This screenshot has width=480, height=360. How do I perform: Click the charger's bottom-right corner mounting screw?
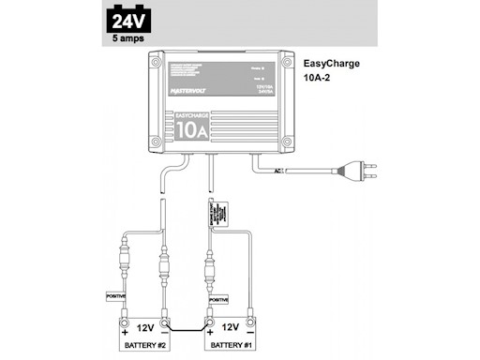[286, 142]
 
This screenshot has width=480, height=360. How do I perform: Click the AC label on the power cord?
[278, 171]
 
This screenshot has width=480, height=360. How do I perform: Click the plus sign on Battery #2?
[122, 329]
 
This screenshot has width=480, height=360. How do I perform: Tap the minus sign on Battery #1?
[251, 329]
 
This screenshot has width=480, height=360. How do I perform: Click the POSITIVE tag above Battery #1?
[218, 300]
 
